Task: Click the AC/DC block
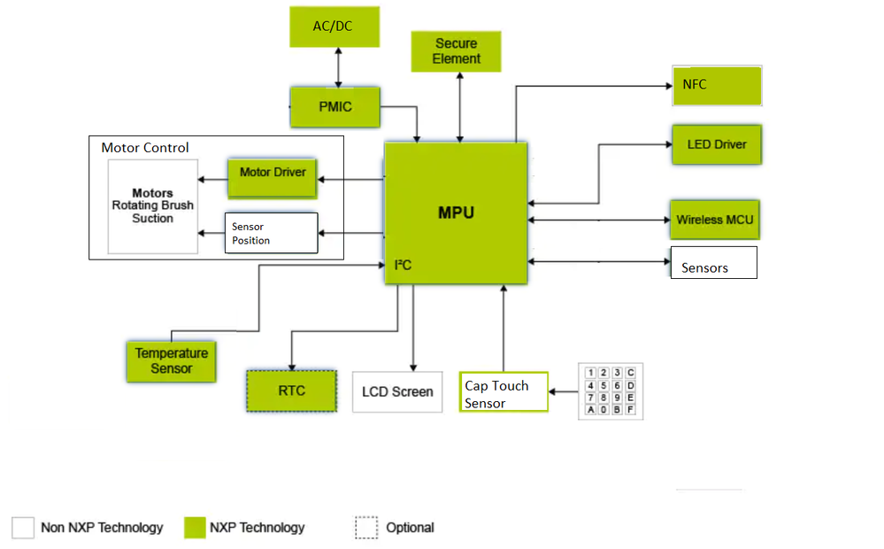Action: [x=334, y=27]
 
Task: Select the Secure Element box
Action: [x=457, y=51]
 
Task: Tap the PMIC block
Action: [x=335, y=107]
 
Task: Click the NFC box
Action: [x=717, y=86]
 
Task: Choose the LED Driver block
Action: [x=717, y=144]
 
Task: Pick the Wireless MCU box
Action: [x=715, y=220]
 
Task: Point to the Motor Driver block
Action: [x=273, y=173]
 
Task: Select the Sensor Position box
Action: [x=271, y=234]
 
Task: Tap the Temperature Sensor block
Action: [x=172, y=360]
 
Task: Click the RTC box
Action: [x=291, y=390]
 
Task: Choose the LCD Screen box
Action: [x=397, y=391]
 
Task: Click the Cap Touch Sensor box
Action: [x=503, y=394]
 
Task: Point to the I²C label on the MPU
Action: [x=403, y=266]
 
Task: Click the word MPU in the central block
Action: [x=456, y=213]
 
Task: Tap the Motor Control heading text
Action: [x=145, y=148]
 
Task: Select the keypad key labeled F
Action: [x=630, y=410]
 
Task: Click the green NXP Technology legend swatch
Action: [x=195, y=528]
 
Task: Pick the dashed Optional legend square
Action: [x=366, y=528]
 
